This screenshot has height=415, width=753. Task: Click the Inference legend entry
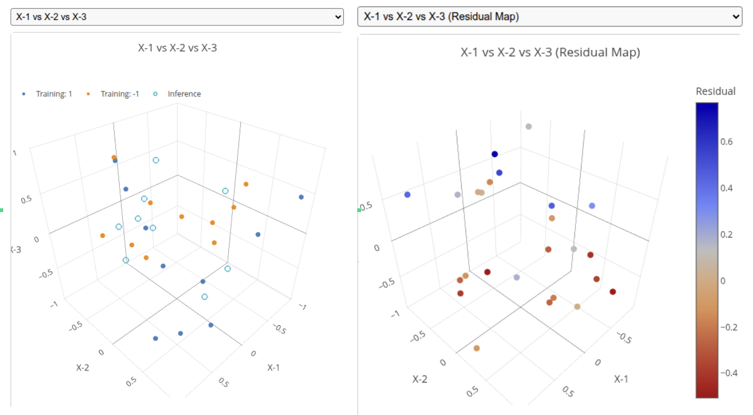(184, 94)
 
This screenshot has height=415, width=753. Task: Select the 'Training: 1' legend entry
(54, 94)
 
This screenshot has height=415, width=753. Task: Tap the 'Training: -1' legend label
(119, 94)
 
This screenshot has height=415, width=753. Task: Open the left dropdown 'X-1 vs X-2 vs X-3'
(177, 17)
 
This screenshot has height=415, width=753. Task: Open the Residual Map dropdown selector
(549, 17)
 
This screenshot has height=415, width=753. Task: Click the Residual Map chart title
(550, 52)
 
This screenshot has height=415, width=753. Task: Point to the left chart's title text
(177, 48)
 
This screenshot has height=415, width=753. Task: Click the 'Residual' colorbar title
(715, 91)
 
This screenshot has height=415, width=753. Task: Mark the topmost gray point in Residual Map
(528, 127)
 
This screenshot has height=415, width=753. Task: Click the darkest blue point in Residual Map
(494, 154)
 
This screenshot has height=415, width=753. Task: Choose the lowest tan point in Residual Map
(476, 348)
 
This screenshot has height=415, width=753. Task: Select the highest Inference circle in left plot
(156, 160)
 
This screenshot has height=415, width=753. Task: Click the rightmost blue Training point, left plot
(301, 197)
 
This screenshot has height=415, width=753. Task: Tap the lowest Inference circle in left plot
(205, 297)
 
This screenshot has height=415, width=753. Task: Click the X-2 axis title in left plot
(82, 367)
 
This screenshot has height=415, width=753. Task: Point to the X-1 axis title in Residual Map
(621, 379)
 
